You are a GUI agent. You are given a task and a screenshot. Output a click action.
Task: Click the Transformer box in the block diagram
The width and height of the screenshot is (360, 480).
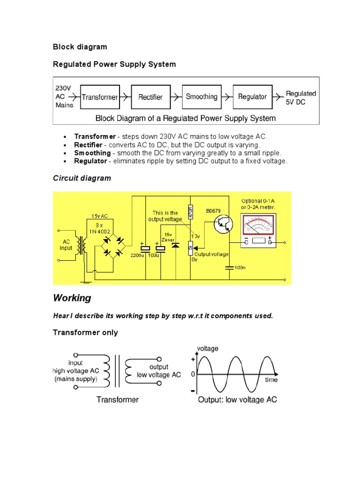100,97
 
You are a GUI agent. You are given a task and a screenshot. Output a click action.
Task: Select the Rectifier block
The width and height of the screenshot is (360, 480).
150,97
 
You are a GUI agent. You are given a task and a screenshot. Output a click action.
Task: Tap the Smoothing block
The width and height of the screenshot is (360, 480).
202,97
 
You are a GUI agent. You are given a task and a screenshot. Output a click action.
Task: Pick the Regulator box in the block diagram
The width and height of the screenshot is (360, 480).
252,97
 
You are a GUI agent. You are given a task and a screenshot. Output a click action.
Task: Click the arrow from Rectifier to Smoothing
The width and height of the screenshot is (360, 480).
175,97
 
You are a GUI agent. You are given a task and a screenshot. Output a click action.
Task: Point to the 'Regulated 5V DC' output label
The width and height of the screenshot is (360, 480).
301,97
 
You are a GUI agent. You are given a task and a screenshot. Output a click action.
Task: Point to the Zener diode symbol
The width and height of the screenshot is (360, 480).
175,245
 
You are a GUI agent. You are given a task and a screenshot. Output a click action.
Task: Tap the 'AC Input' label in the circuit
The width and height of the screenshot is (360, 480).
66,245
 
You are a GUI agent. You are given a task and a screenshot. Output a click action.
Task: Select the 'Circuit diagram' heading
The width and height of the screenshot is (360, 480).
82,178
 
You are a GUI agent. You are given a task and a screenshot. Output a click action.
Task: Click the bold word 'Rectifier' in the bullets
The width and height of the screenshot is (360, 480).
88,144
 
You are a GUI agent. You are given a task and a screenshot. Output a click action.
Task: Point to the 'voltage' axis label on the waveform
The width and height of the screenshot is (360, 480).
207,348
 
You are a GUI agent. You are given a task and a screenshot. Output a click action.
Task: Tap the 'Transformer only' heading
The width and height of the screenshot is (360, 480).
85,333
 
